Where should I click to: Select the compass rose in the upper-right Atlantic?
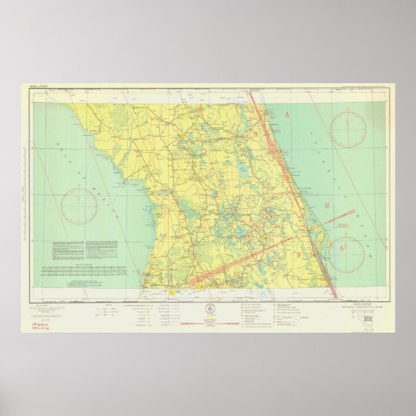click(347, 129)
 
